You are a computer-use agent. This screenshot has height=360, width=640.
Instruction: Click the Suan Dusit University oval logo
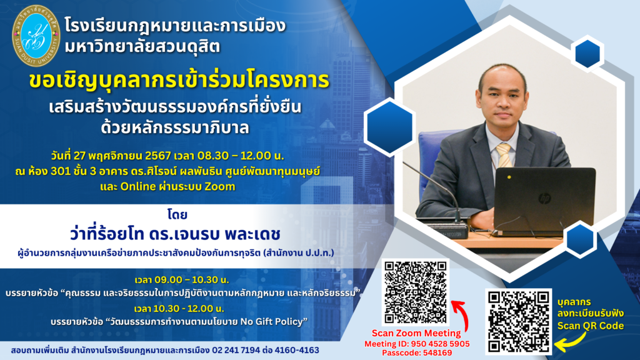[36, 36]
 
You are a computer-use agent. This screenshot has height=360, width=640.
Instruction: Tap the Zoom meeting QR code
[416, 292]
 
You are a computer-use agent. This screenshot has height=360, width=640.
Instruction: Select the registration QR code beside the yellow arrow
[518, 322]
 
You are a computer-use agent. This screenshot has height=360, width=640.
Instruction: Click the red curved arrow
[461, 315]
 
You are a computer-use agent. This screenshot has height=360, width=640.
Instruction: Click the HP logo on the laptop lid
[544, 199]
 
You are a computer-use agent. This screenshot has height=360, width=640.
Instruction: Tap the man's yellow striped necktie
[504, 156]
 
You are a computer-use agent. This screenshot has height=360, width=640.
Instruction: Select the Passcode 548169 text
[417, 352]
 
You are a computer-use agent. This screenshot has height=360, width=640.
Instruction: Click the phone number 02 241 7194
[236, 350]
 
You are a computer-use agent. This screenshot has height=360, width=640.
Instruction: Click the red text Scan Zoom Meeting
[416, 333]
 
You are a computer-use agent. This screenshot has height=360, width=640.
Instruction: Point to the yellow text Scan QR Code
[590, 326]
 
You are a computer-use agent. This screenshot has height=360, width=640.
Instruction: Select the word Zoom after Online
[219, 186]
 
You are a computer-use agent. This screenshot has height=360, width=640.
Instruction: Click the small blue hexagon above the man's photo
[587, 54]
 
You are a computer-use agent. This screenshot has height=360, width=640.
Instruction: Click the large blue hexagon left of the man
[390, 127]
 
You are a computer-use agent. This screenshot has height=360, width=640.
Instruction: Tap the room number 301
[62, 171]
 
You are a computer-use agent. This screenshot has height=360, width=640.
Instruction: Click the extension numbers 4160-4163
[297, 350]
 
